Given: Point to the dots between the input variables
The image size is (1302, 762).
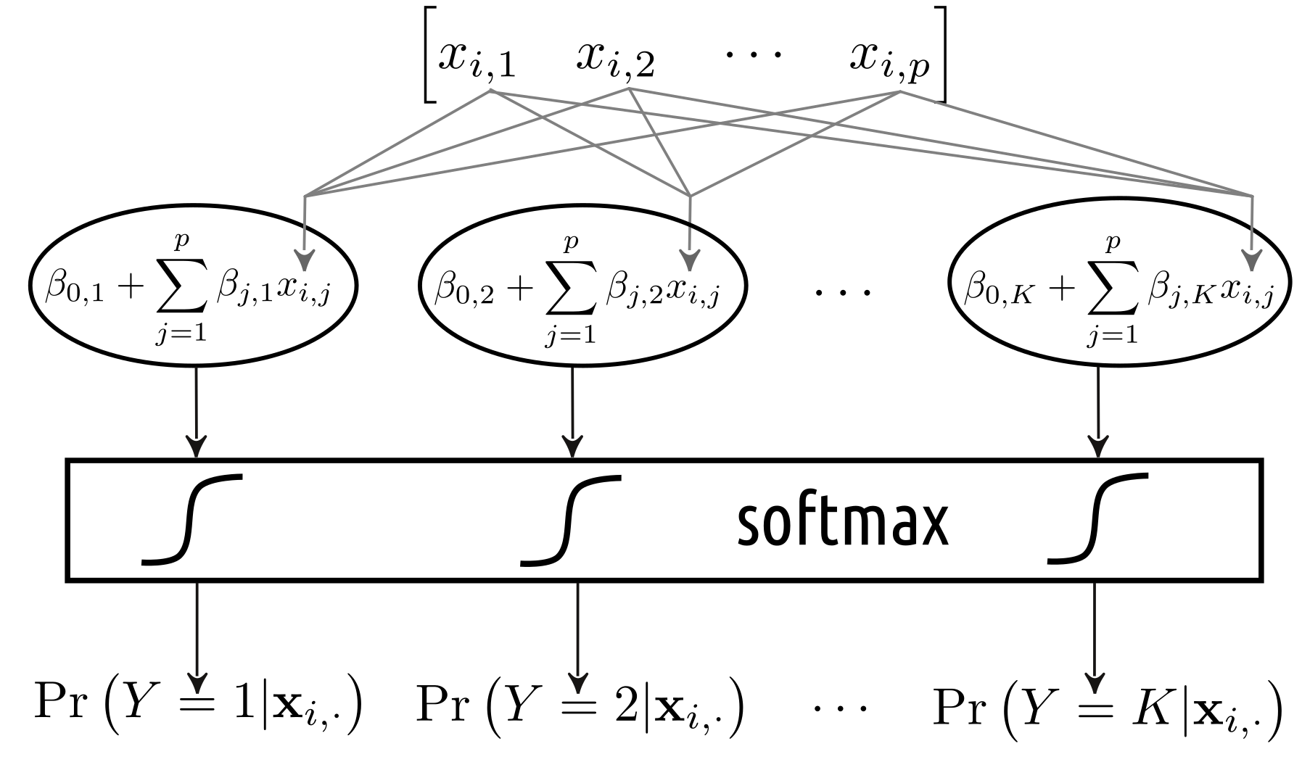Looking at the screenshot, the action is coord(754,55).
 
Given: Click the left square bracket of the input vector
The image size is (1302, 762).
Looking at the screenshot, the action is coord(428,54).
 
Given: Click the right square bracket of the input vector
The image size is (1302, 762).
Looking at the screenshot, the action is coord(941,54).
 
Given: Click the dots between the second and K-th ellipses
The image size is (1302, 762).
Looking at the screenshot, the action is coord(841,291).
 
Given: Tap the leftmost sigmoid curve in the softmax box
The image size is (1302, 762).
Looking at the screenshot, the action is coord(191,518).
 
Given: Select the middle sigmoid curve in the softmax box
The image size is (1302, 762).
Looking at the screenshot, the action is coord(572,518).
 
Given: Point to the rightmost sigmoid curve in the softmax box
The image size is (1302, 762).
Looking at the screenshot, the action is coord(1098,518).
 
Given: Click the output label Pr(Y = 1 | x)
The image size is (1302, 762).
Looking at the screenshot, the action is coord(197,704).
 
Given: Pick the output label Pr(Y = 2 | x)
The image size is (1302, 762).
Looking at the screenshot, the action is coord(580,704).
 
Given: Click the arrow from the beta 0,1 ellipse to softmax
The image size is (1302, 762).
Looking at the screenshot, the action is coord(197,413).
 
